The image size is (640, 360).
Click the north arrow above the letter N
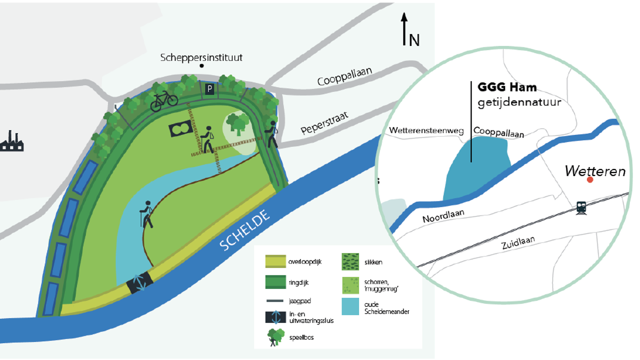point(404,29)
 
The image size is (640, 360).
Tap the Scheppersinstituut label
point(201,57)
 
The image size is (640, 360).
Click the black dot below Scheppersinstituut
point(202,66)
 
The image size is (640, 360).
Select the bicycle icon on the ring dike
point(164,100)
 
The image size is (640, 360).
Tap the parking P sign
point(210,89)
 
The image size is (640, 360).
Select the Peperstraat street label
point(324,123)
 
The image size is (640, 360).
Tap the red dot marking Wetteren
point(590,179)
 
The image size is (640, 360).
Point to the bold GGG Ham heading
point(507,87)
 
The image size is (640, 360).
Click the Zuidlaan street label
point(518,243)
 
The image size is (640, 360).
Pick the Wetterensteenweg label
point(426,131)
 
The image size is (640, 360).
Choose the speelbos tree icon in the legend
point(275,337)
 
